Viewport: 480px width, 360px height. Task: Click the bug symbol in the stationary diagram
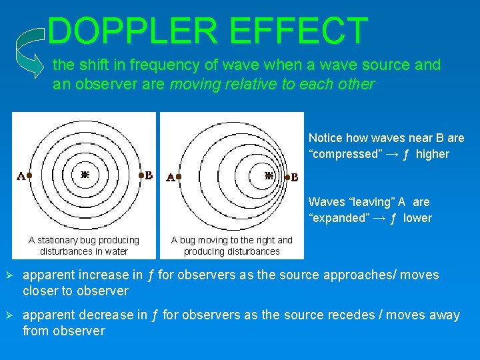point(85,175)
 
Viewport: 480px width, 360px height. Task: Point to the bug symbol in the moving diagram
point(269,176)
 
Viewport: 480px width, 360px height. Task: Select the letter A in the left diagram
point(21,177)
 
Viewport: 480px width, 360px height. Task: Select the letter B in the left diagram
point(149,175)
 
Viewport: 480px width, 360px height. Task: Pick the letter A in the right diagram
point(170,178)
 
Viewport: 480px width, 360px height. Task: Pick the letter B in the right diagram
point(295,178)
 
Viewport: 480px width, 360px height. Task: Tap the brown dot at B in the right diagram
point(287,177)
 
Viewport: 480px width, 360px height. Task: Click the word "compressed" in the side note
point(346,154)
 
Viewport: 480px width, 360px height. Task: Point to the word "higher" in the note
point(433,154)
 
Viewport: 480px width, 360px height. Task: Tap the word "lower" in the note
point(418,218)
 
